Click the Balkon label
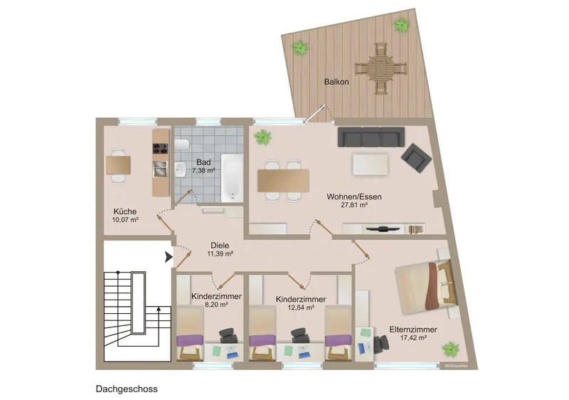(x=336, y=82)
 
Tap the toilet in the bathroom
(x=182, y=144)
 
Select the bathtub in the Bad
(x=232, y=178)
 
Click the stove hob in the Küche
(x=160, y=149)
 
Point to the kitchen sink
(x=160, y=169)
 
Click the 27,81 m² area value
(x=354, y=205)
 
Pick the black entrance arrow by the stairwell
(x=169, y=257)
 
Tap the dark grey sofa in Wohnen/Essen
(x=371, y=137)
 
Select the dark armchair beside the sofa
(x=416, y=158)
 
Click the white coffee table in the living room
(x=370, y=164)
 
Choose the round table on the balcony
(x=381, y=68)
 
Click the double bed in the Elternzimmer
(x=425, y=287)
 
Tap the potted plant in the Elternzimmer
(x=450, y=349)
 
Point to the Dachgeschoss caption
(x=127, y=389)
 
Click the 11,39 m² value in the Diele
(x=220, y=253)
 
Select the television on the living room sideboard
(x=383, y=229)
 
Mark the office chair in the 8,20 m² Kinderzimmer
(x=228, y=336)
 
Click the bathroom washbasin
(x=181, y=169)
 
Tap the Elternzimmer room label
(x=413, y=330)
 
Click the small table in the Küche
(x=118, y=165)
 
